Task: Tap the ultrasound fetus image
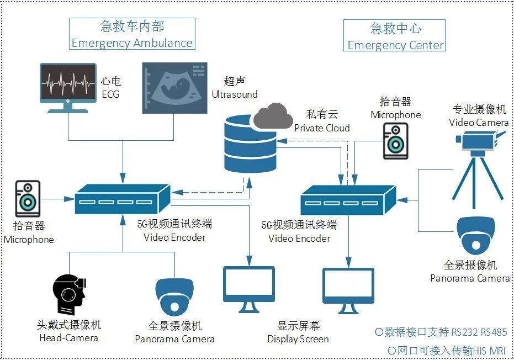click(x=174, y=88)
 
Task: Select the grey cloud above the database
click(x=273, y=115)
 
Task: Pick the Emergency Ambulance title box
click(x=132, y=34)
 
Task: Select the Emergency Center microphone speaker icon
click(x=395, y=141)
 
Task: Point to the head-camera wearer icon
click(x=68, y=295)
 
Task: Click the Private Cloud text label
click(x=322, y=128)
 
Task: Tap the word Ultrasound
click(x=234, y=94)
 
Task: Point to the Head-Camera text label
click(x=68, y=338)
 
